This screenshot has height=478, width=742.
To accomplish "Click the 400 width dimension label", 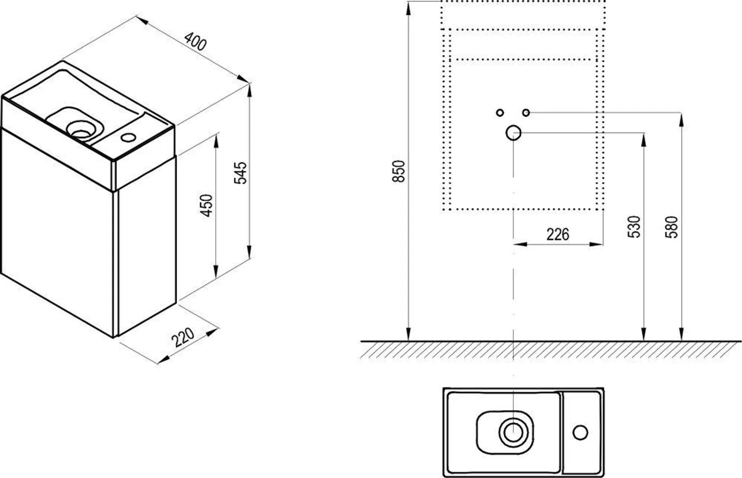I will click(x=196, y=43).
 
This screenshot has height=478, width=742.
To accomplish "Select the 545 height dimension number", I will click(x=241, y=173).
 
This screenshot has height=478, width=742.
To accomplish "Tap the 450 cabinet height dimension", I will click(x=206, y=205).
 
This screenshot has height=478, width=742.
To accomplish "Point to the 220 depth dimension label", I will click(x=184, y=337).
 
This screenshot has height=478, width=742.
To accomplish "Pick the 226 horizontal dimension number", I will click(x=557, y=234).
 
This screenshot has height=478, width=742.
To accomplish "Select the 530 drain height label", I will click(x=635, y=226).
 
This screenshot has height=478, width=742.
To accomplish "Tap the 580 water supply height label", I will click(x=672, y=226).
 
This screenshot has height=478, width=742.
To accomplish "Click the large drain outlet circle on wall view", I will click(x=513, y=132).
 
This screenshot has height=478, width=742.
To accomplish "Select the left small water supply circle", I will click(x=500, y=113).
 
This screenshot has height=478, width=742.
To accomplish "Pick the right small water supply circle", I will click(x=526, y=113).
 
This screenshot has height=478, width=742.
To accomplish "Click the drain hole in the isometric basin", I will click(x=80, y=129).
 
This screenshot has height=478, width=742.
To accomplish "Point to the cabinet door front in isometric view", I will click(x=58, y=232).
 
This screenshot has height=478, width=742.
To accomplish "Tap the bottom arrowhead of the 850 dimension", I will click(x=409, y=335).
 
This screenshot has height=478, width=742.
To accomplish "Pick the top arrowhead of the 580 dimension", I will click(x=681, y=119).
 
